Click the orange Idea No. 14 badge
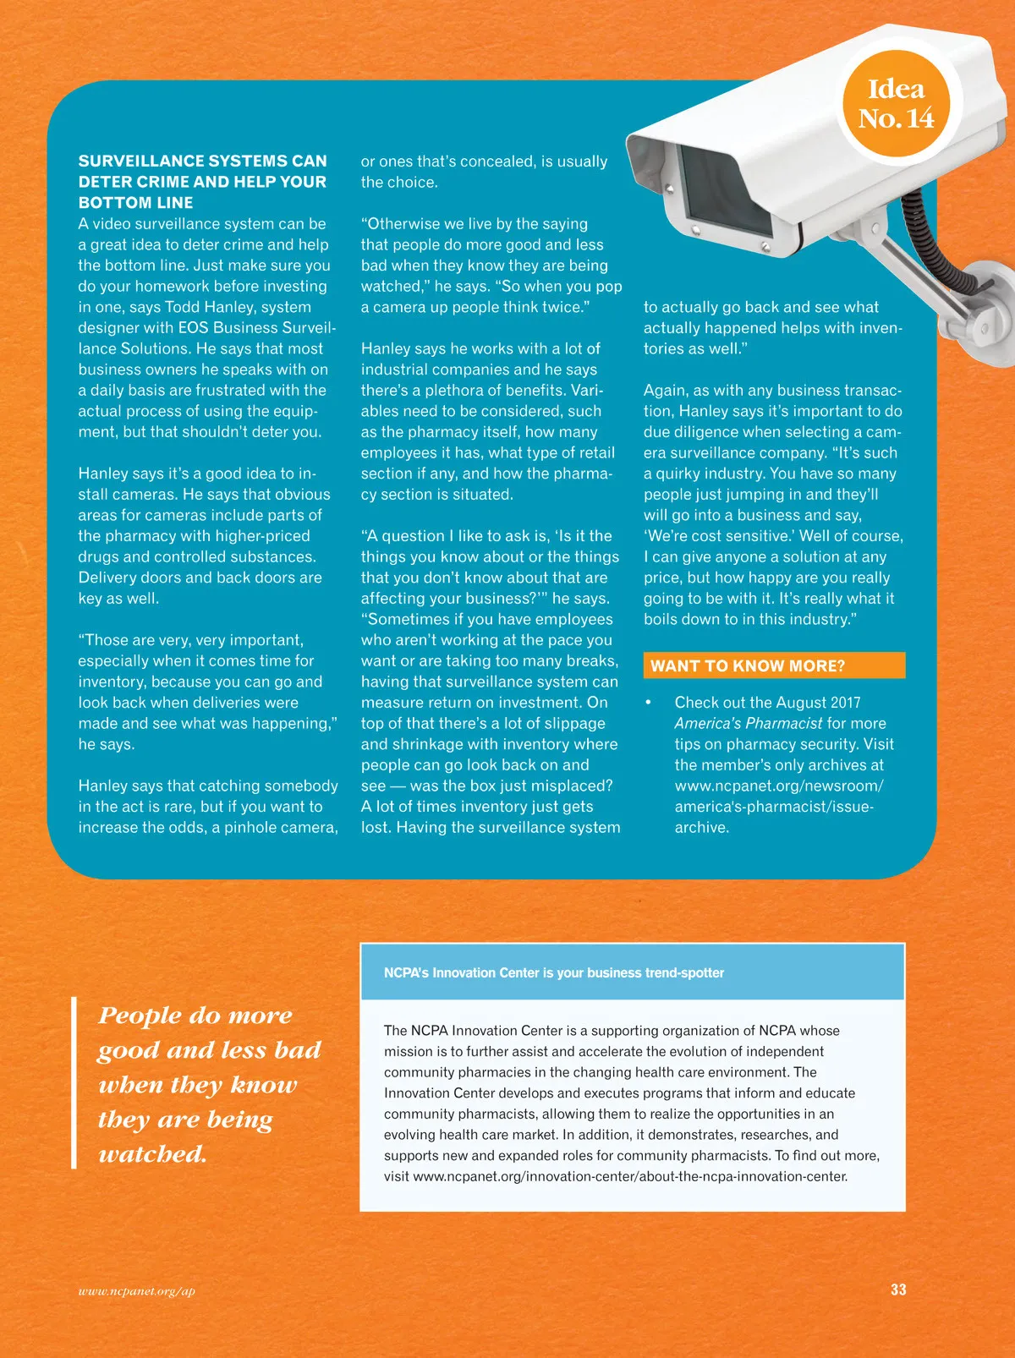point(897,103)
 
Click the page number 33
point(898,1290)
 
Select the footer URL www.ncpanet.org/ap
point(136,1290)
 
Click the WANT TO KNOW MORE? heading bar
point(773,665)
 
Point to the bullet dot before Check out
point(649,703)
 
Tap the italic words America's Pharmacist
point(748,723)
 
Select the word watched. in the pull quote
point(153,1154)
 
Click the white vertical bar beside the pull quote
point(74,1082)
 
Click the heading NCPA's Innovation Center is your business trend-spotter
point(554,972)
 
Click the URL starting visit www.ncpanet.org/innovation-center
point(630,1176)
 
